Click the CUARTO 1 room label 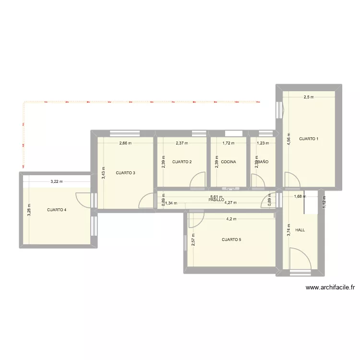309,139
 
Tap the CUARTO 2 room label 182,162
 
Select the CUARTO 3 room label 125,172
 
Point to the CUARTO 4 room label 57,210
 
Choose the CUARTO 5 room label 231,240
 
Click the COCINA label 228,162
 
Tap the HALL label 300,230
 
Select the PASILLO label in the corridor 216,199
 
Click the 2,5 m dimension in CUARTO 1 308,97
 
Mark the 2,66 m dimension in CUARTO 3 126,143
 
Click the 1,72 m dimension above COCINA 228,143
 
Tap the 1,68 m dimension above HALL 299,196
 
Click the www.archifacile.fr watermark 330,288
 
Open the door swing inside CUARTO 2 197,180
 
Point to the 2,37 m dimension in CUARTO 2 182,143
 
